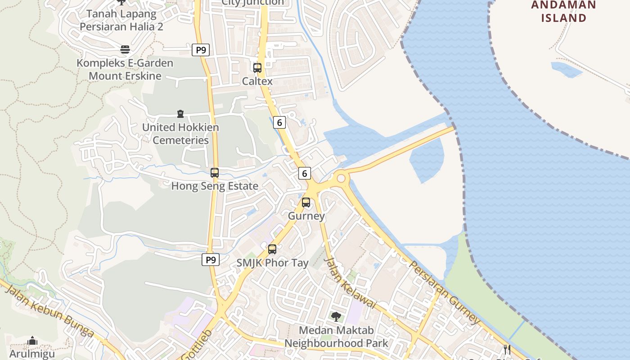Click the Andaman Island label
pyautogui.click(x=563, y=12)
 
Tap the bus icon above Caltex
pyautogui.click(x=257, y=68)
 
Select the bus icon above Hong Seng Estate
pyautogui.click(x=215, y=173)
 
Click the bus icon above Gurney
pyautogui.click(x=306, y=202)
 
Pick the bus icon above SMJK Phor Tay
pyautogui.click(x=272, y=249)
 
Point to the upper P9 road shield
pyautogui.click(x=201, y=50)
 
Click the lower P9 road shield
pyautogui.click(x=210, y=260)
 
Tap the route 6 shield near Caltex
pyautogui.click(x=279, y=122)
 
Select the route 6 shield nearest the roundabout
pyautogui.click(x=305, y=173)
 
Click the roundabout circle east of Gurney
pyautogui.click(x=341, y=179)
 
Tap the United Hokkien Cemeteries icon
pyautogui.click(x=180, y=114)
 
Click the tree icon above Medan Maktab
pyautogui.click(x=336, y=317)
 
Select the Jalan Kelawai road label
pyautogui.click(x=350, y=283)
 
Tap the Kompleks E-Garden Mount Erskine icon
pyautogui.click(x=125, y=49)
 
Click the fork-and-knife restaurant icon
pyautogui.click(x=507, y=350)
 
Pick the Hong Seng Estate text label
pyautogui.click(x=215, y=186)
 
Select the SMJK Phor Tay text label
pyautogui.click(x=272, y=263)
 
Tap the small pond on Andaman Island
pyautogui.click(x=566, y=69)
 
